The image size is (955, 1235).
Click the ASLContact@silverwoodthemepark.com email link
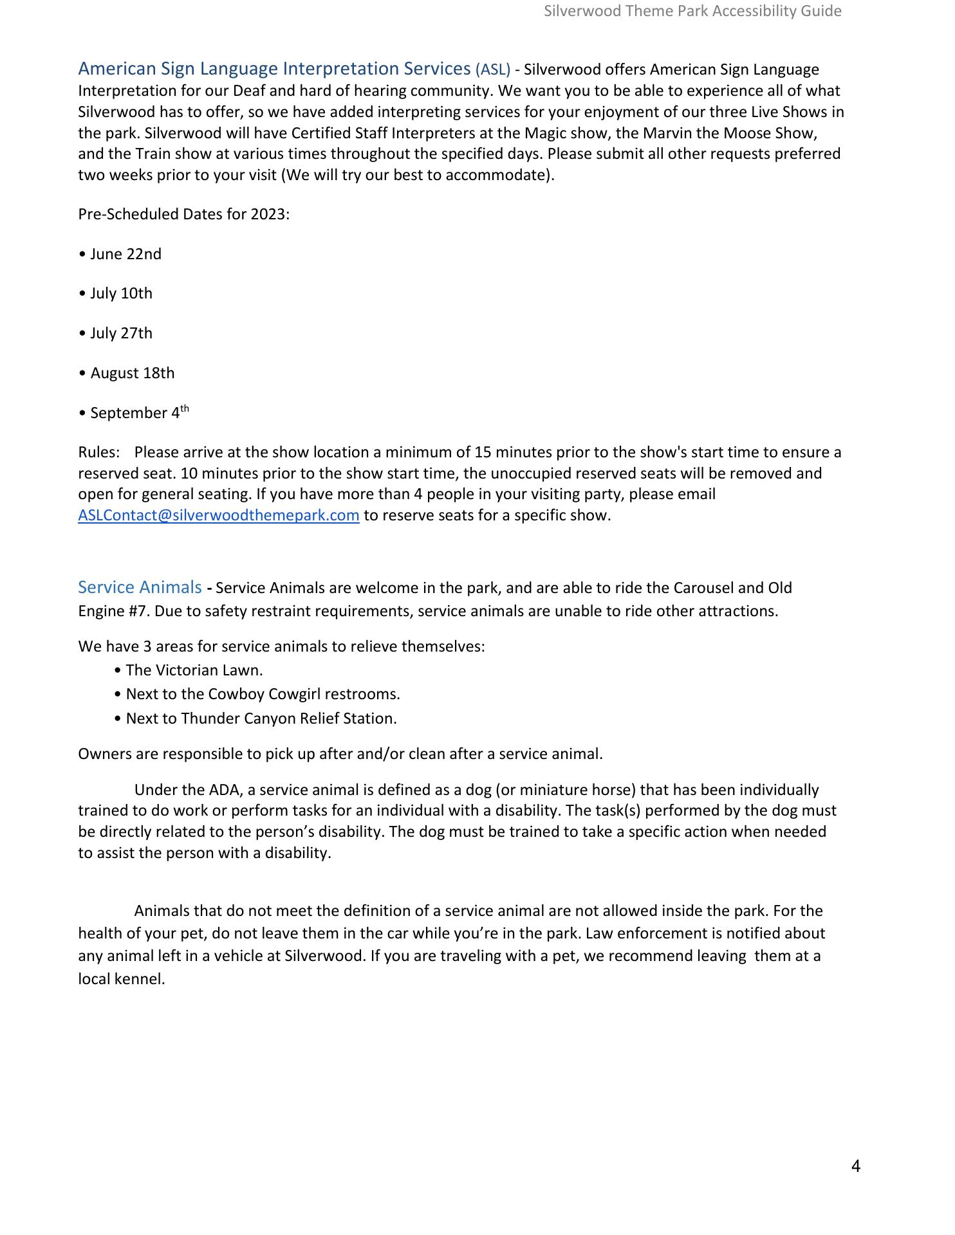218,516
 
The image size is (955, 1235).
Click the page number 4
855,1166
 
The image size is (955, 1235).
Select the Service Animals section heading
140,587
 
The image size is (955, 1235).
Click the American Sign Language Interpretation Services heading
274,69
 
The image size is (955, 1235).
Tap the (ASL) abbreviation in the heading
492,69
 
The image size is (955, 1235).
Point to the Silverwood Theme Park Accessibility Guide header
692,11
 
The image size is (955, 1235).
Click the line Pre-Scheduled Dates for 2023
183,214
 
